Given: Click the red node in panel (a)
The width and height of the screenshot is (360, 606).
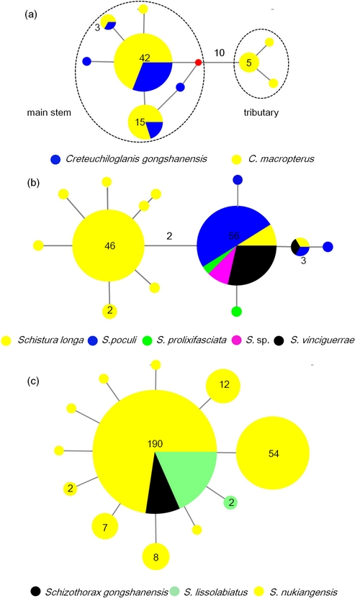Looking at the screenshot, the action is click(198, 62).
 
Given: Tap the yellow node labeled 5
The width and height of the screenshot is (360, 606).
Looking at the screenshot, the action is click(249, 62).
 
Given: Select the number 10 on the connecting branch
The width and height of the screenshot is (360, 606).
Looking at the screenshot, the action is click(220, 53).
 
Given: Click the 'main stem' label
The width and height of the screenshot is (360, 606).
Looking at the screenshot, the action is click(49, 112).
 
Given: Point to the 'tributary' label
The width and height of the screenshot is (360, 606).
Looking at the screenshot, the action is click(261, 112).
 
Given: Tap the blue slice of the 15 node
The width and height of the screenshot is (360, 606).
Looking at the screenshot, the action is click(155, 129).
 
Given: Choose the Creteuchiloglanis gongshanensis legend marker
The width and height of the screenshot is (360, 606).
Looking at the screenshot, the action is click(55, 159).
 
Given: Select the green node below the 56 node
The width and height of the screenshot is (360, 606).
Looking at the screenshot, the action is click(236, 311).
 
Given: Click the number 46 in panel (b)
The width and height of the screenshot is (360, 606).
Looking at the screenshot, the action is click(110, 246).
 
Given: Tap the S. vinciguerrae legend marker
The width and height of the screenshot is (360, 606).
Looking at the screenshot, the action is click(279, 340).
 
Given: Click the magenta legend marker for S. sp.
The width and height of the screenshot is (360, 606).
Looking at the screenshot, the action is click(237, 340).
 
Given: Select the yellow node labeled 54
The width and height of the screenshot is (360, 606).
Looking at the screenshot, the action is click(273, 453).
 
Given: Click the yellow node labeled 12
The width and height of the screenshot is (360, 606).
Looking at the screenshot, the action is click(223, 386).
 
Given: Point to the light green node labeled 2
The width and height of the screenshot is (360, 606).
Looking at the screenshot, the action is click(230, 502).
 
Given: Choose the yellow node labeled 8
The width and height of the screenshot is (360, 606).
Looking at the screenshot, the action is click(156, 556).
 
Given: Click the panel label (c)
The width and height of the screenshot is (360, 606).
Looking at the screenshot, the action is click(32, 381).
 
